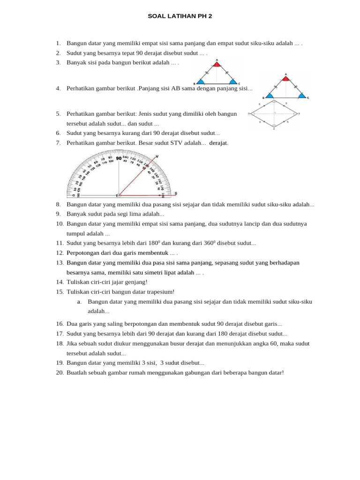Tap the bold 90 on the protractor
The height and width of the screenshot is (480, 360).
[119, 158]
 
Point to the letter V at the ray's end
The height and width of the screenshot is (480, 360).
[157, 156]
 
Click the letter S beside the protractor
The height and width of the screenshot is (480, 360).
[176, 193]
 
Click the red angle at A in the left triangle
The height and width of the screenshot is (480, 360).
[217, 65]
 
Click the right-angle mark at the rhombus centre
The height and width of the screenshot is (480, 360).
[275, 113]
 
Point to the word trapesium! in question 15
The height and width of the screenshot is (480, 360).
[159, 292]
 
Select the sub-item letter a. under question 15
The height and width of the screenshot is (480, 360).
[80, 301]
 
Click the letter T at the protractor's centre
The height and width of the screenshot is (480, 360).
[117, 195]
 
